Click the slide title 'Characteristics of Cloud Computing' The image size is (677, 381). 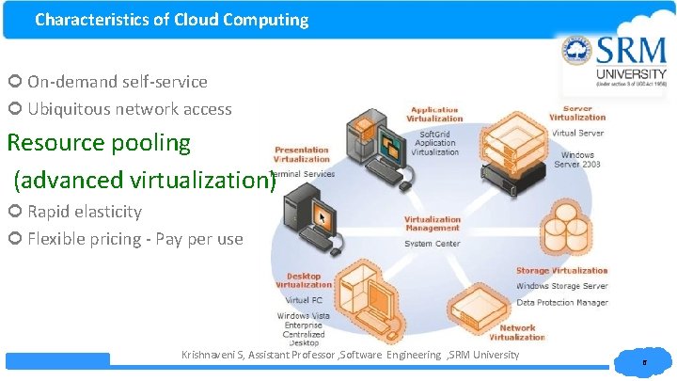(x=171, y=20)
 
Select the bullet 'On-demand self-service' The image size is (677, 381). (x=117, y=82)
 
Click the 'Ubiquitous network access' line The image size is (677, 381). (x=129, y=109)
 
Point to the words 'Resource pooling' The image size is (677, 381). (x=99, y=143)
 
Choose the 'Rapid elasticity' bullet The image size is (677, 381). (x=84, y=212)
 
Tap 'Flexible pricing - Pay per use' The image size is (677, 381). (x=134, y=239)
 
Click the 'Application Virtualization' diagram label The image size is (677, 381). (x=434, y=115)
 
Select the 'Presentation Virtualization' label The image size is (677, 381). (x=302, y=154)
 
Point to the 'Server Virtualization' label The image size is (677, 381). (x=577, y=113)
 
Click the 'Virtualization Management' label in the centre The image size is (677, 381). (x=433, y=224)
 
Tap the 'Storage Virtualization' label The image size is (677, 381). (x=561, y=271)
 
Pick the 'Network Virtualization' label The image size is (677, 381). (x=516, y=333)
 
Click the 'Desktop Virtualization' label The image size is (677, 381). (x=304, y=280)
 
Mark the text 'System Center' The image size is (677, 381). (x=433, y=244)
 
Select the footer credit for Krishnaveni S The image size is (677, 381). (x=350, y=355)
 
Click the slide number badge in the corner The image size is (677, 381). (x=643, y=361)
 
